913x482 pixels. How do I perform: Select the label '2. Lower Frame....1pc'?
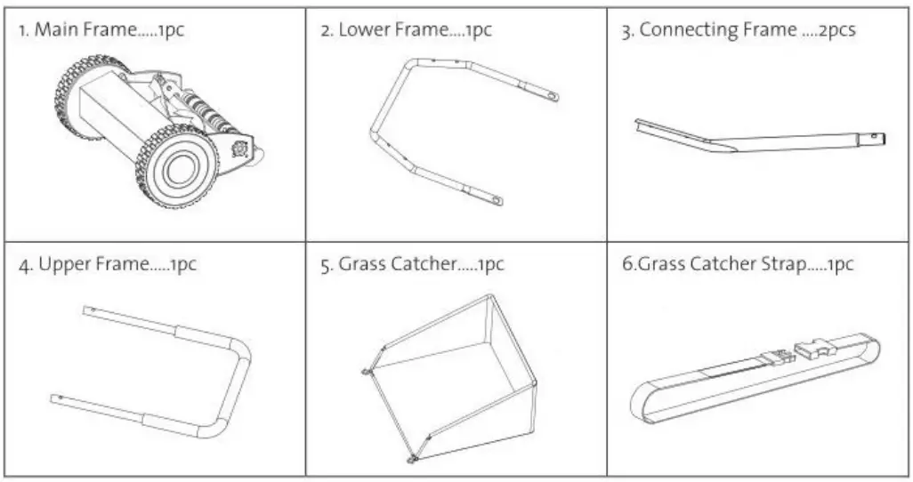[406, 31]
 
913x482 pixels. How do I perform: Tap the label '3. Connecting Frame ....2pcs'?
[738, 31]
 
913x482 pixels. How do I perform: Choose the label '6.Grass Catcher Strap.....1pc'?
[738, 266]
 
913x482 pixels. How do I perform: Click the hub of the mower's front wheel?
[179, 168]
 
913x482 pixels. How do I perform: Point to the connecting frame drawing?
[756, 139]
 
